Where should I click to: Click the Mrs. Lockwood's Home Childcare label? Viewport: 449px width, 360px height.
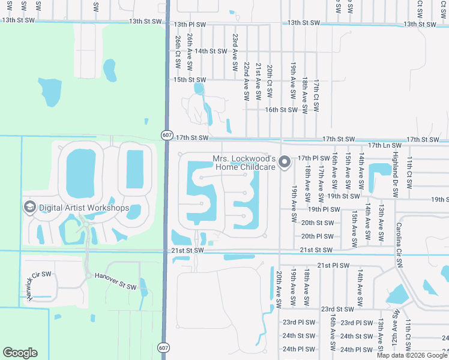244,163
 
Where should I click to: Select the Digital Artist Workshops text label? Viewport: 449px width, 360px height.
84,208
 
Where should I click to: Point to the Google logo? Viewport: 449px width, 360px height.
20,353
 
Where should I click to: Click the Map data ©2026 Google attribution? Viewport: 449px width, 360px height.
412,355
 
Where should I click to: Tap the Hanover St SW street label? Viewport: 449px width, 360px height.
115,281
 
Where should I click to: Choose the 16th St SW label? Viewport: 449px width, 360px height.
282,110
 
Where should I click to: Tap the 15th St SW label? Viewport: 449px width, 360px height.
190,80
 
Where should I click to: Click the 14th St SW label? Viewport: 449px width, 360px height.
209,52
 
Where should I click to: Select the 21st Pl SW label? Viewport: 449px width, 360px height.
333,265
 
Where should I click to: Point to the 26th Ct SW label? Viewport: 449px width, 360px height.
178,50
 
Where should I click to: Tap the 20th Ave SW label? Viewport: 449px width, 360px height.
279,289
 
